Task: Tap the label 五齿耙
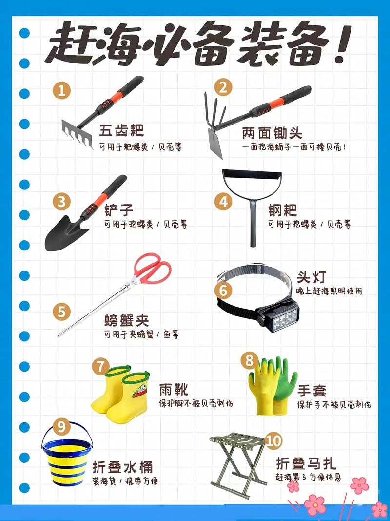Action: click(122, 131)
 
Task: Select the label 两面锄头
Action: click(272, 133)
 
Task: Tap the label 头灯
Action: click(311, 277)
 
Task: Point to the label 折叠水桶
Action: click(117, 466)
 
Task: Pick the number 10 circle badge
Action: click(274, 441)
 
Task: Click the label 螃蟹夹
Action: click(126, 321)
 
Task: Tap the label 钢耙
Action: click(282, 210)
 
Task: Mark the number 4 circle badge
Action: click(223, 202)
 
